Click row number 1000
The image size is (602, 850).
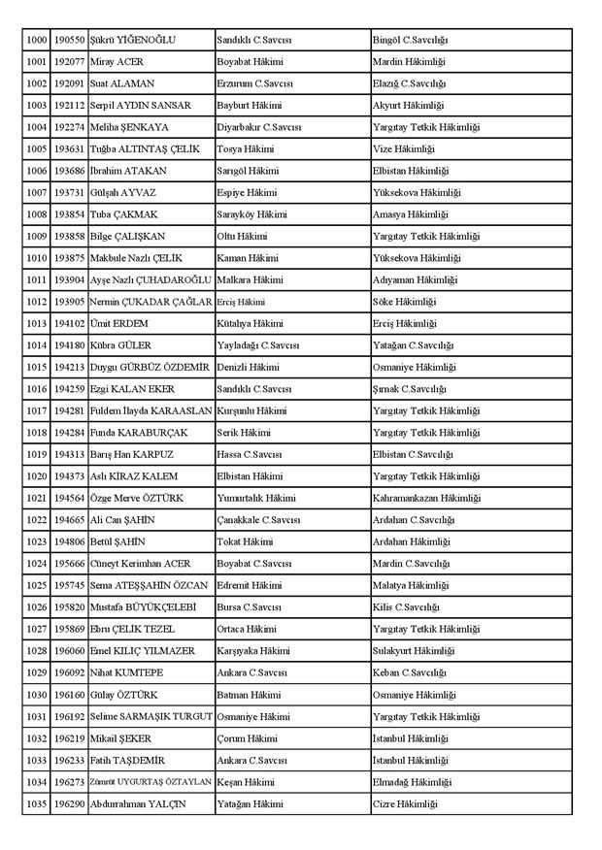[36, 40]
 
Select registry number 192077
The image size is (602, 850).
[69, 62]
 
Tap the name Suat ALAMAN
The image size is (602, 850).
[121, 83]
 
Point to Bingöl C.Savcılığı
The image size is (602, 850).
[410, 40]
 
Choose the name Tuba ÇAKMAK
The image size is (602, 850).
[121, 214]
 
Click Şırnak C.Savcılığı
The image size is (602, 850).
[410, 389]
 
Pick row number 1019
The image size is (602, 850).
[36, 454]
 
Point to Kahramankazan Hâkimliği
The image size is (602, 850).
[426, 498]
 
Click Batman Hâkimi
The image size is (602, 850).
[248, 695]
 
